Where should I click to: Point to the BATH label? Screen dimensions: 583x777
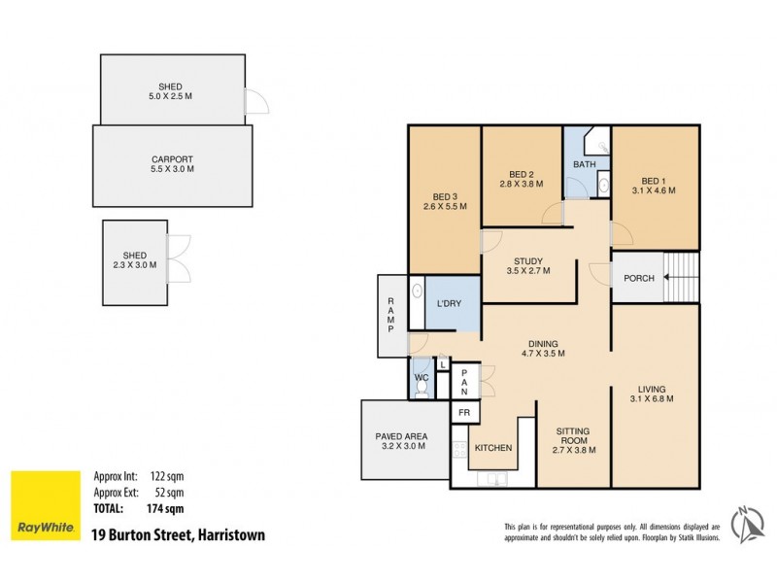coord(584,164)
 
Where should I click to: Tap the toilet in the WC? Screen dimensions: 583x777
coord(421,388)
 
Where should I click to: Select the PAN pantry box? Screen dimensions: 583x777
coord(465,381)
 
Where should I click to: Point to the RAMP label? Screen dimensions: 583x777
coord(390,315)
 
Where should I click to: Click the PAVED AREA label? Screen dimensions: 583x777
coord(401,443)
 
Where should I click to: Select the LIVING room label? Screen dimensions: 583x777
coord(653,394)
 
